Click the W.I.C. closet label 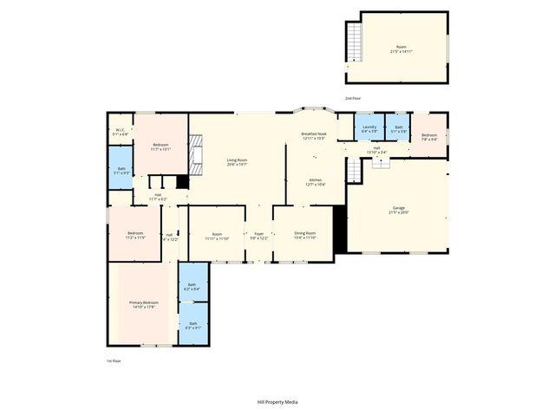coord(121,133)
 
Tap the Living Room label coord(238,161)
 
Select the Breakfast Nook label coord(313,136)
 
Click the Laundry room coord(369,129)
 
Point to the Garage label coord(399,210)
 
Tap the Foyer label coord(258,234)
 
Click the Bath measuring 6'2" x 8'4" coord(193,286)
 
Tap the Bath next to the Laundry coord(398,129)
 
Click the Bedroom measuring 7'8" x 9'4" coord(429,136)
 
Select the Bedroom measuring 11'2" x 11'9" coord(135,234)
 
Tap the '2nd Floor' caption coord(354,99)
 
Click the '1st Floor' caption coord(114,361)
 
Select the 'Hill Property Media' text coord(277,403)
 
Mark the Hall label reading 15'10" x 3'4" coord(377,150)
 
